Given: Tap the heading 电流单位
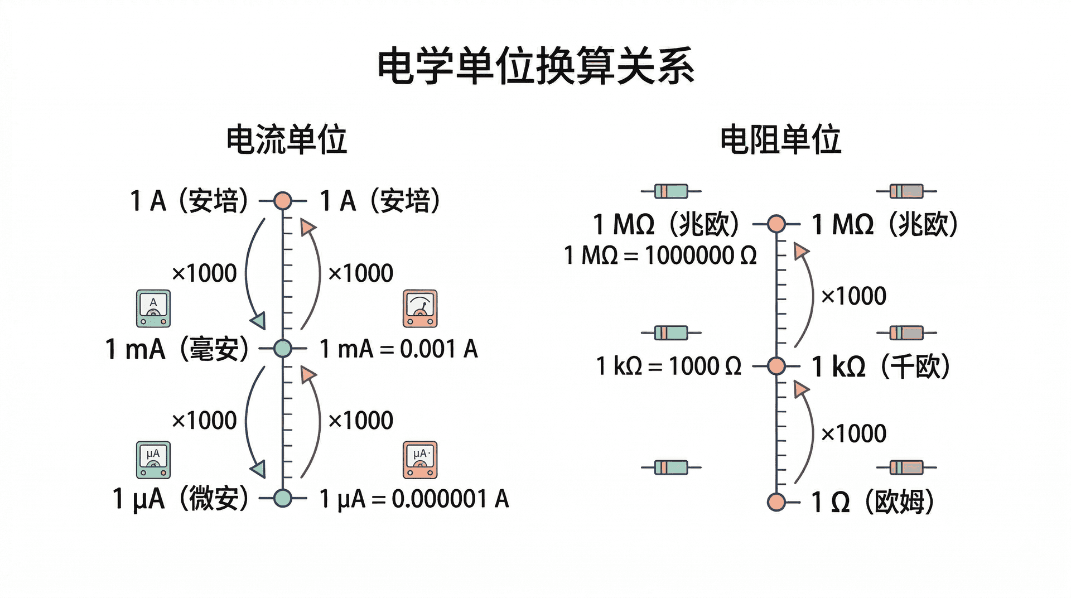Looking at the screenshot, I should tap(286, 139).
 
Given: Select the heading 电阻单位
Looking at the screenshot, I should tap(780, 139).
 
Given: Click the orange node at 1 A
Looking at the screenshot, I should tap(283, 200).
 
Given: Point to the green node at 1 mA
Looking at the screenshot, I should tap(283, 349).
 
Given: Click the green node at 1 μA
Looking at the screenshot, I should tap(283, 498).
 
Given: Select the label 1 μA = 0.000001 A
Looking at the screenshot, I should tap(414, 499).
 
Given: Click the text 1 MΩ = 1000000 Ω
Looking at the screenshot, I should tap(660, 255).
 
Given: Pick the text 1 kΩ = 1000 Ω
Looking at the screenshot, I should tap(669, 366).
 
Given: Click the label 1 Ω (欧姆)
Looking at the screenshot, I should tap(872, 502).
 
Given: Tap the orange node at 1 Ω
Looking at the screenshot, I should tap(776, 502).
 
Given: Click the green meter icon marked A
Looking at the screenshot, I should tap(153, 308).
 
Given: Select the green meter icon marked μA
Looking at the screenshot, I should tap(153, 460).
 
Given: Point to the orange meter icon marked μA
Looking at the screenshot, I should tap(420, 460).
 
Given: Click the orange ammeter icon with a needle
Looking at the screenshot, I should tap(420, 308).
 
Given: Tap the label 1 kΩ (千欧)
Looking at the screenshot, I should tap(881, 366).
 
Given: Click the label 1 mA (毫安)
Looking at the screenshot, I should tap(177, 349).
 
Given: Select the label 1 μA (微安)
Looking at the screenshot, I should tap(180, 498).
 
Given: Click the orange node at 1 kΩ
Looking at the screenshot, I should tap(776, 366).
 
